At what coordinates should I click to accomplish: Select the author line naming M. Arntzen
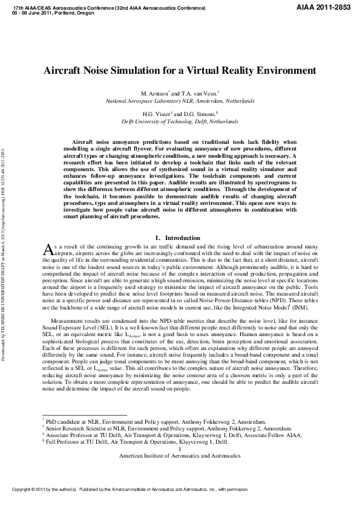coord(180,95)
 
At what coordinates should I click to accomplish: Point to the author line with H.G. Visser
coord(180,114)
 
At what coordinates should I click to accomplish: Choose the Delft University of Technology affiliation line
coord(180,121)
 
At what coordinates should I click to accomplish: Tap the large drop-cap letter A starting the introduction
coord(50,250)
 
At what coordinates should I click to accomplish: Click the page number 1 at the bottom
coord(180,450)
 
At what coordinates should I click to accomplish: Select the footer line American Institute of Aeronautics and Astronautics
coord(180,456)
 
